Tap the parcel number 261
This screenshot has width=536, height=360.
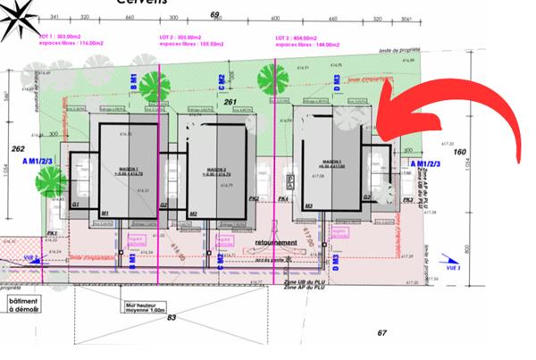(x=230, y=103)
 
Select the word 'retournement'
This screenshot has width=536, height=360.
(x=276, y=242)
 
